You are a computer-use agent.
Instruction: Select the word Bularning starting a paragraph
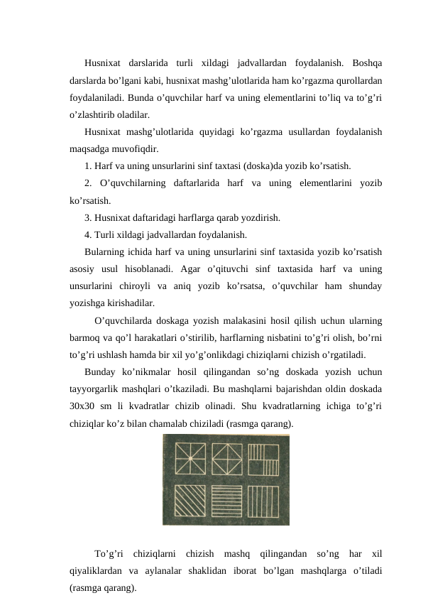tap(107, 251)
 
